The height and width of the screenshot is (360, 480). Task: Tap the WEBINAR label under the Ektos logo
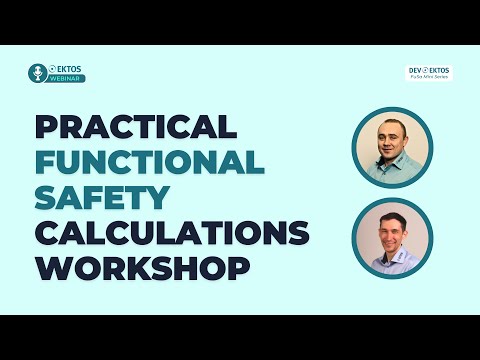[x=67, y=78]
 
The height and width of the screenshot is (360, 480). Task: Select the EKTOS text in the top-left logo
[x=67, y=68]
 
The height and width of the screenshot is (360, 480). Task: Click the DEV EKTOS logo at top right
[x=428, y=72]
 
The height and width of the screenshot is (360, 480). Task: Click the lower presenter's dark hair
[x=391, y=211]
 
